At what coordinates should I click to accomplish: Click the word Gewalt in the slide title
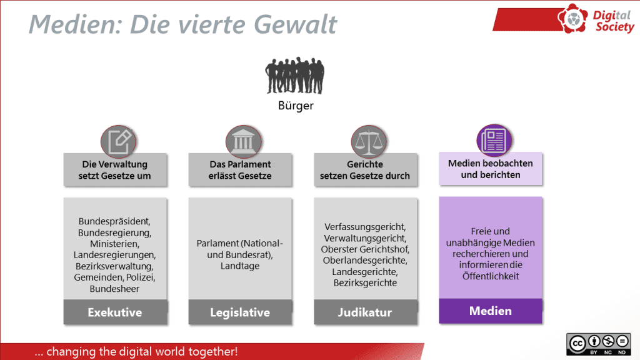[x=296, y=24]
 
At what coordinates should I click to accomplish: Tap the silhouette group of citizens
[x=295, y=76]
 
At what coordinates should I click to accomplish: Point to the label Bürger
[x=296, y=106]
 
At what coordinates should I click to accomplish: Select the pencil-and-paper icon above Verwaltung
[x=118, y=142]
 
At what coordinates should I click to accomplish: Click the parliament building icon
[x=244, y=142]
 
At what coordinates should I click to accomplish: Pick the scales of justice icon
[x=369, y=142]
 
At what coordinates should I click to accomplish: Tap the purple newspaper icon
[x=494, y=141]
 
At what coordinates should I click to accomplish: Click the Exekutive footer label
[x=115, y=312]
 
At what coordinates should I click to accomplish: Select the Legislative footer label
[x=240, y=312]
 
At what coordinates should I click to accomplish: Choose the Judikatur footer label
[x=365, y=312]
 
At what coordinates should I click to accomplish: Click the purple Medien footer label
[x=490, y=311]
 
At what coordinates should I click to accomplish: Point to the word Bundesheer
[x=115, y=289]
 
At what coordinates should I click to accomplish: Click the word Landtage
[x=240, y=266]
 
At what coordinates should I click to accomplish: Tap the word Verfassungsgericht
[x=364, y=227]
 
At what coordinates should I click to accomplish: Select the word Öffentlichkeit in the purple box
[x=491, y=276]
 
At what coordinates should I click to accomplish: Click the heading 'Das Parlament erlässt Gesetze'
[x=240, y=170]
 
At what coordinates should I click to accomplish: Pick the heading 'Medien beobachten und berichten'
[x=490, y=169]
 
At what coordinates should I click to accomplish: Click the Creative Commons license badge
[x=598, y=344]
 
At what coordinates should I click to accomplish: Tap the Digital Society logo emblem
[x=572, y=18]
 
